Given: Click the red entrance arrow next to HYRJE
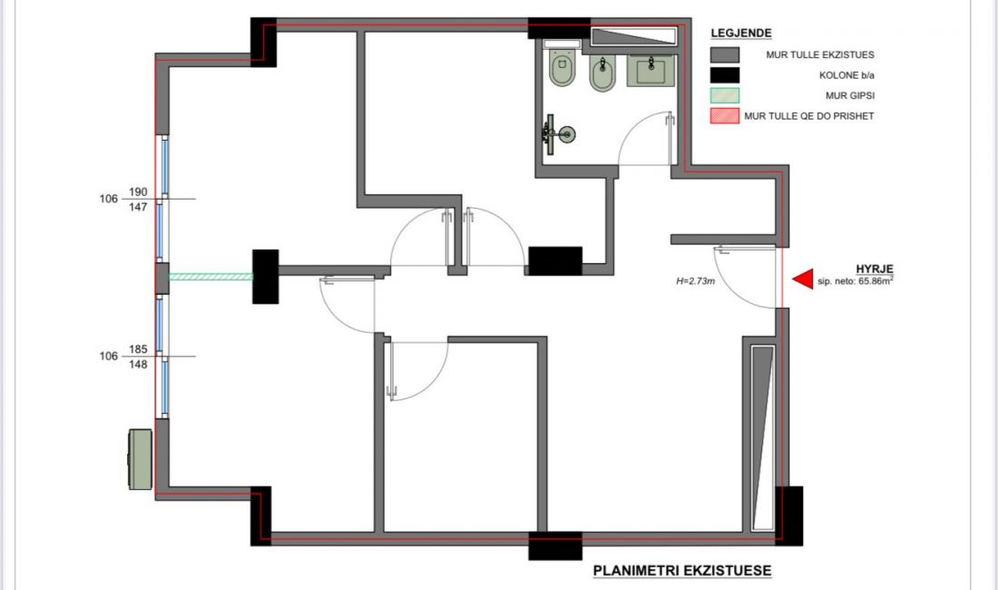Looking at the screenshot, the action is (804, 279).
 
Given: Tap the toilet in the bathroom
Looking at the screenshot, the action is (562, 67).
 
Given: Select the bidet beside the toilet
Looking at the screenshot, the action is (602, 74).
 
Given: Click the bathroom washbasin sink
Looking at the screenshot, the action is (651, 70).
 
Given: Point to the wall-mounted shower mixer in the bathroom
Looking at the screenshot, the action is (558, 134).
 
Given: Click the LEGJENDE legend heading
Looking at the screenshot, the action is (741, 33).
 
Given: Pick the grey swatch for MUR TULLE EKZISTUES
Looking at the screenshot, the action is (724, 54).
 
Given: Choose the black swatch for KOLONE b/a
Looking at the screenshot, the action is (724, 75).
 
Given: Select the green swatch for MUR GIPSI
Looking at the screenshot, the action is (724, 95).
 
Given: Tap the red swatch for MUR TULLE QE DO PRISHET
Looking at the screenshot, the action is (724, 116).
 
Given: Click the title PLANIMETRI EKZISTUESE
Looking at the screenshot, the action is (681, 570).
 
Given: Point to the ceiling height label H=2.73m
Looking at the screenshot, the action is (695, 280).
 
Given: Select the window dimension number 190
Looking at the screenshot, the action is (138, 192).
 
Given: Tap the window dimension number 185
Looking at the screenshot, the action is (138, 349).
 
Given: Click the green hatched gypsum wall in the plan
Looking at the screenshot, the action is (210, 277).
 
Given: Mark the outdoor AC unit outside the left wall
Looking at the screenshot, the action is (140, 459).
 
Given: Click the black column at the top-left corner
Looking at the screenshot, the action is (263, 42).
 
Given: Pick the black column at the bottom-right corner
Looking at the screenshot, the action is (788, 516).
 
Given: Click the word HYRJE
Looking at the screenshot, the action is (875, 270).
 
